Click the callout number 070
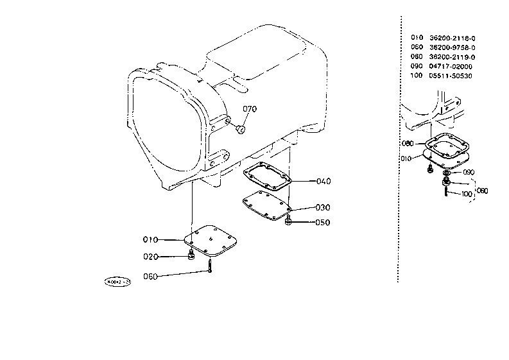[250, 108]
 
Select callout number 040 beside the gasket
[324, 181]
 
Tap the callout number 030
[322, 208]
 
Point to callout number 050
[322, 223]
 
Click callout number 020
[150, 257]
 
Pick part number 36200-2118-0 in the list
[452, 38]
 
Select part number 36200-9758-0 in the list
[452, 47]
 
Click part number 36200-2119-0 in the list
[452, 56]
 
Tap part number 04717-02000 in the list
[451, 66]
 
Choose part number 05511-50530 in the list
[451, 76]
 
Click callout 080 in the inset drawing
[407, 143]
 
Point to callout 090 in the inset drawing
[468, 172]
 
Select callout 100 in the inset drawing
[467, 193]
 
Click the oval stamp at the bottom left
[118, 282]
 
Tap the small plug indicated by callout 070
[241, 130]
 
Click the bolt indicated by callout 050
[289, 222]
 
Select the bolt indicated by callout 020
[191, 257]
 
